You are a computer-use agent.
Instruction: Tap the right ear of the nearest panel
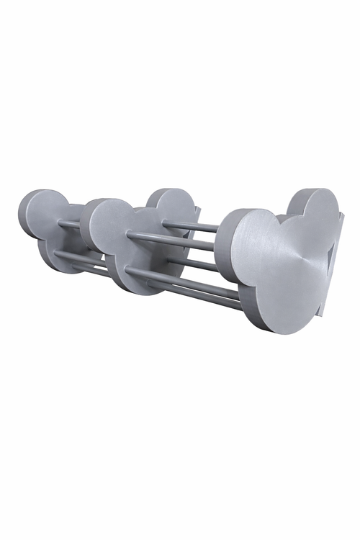pyautogui.click(x=317, y=209)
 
